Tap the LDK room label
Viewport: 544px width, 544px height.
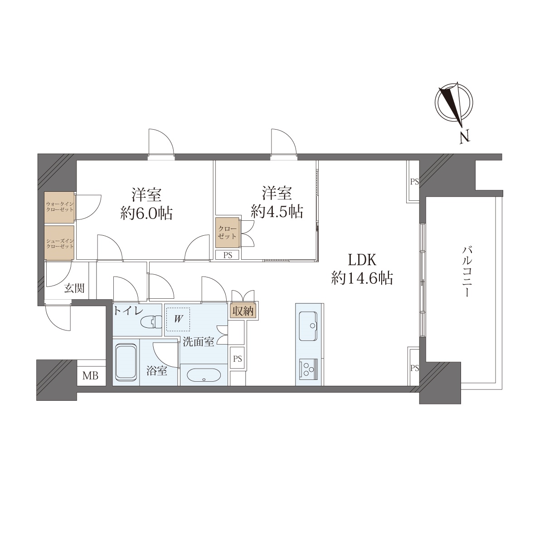(x=362, y=259)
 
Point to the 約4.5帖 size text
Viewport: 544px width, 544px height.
(x=277, y=211)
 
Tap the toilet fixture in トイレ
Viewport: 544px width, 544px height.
(x=151, y=322)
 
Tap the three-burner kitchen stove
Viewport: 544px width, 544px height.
(x=308, y=368)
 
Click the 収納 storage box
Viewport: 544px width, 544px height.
(x=243, y=311)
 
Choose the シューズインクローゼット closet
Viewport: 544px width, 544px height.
(x=59, y=242)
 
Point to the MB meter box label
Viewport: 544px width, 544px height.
(x=90, y=376)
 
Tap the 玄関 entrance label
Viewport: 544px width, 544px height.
(x=74, y=288)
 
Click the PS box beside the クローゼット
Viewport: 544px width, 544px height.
(x=228, y=255)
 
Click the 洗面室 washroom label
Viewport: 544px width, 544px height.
(x=199, y=342)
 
